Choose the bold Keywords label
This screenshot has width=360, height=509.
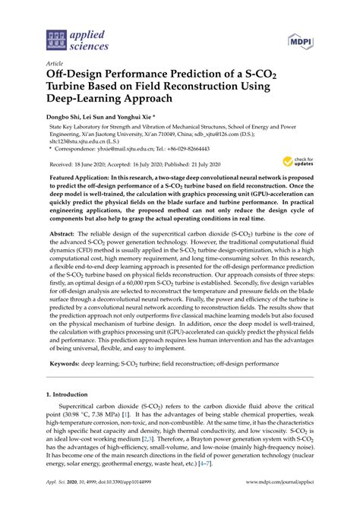(67, 363)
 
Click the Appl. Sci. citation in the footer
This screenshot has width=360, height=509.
(59, 491)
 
